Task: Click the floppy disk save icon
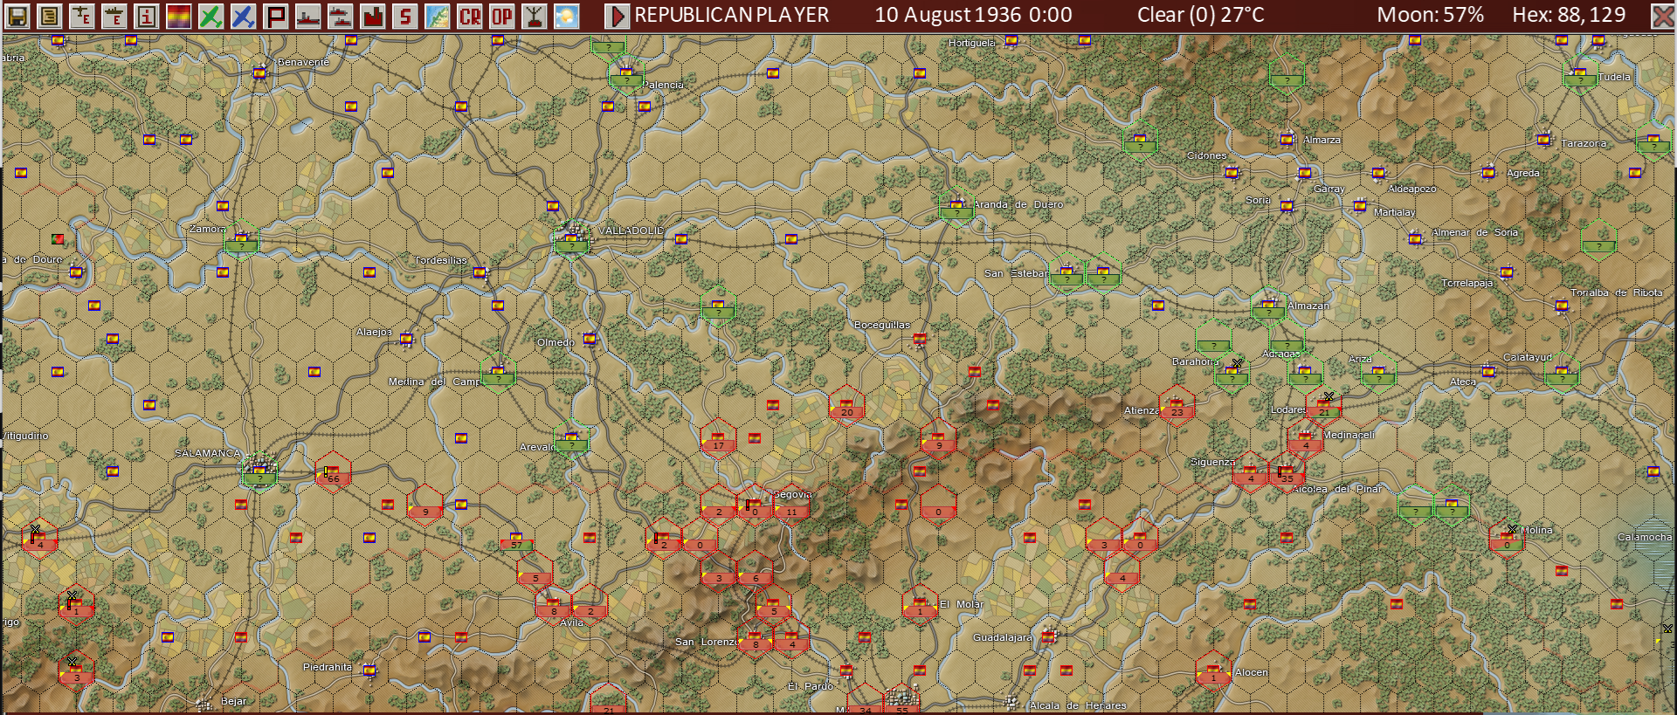(x=17, y=16)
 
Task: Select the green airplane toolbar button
(x=210, y=16)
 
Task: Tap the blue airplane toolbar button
(x=243, y=16)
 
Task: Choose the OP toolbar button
(x=502, y=16)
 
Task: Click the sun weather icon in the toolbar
(x=567, y=16)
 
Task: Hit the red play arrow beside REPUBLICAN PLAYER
(x=617, y=16)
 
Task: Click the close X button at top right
(x=1662, y=16)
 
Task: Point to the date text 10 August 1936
(x=948, y=15)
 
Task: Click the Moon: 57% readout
(x=1430, y=15)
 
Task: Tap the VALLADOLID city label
(x=631, y=230)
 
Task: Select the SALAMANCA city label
(x=207, y=453)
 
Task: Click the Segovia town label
(x=792, y=494)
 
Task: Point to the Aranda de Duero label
(x=1018, y=204)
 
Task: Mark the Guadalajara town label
(x=1002, y=637)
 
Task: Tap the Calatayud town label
(x=1528, y=357)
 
